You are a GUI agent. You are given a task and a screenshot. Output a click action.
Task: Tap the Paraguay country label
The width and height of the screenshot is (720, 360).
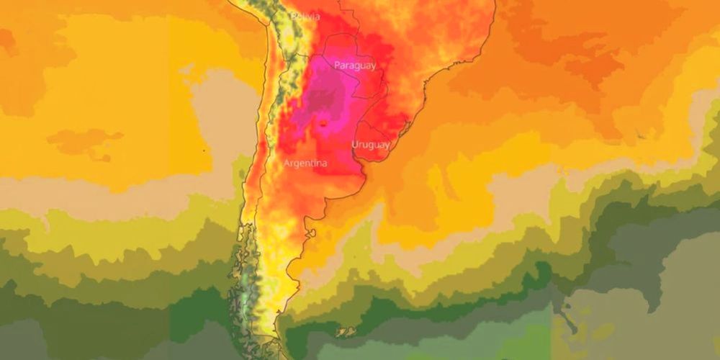click(x=354, y=66)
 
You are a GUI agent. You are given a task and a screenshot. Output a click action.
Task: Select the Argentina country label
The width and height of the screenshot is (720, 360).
click(x=305, y=163)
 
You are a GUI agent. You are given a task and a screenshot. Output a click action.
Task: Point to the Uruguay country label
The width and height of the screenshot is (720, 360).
click(x=370, y=145)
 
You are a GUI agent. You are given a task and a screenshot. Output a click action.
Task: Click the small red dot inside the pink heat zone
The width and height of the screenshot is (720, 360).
click(x=324, y=123)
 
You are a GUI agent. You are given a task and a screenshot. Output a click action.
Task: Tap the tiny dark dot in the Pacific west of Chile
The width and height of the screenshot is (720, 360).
click(x=204, y=150)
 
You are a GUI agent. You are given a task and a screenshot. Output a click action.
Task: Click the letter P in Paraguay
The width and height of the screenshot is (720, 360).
click(x=337, y=66)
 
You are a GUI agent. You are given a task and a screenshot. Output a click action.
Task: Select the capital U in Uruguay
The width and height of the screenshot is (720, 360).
click(x=354, y=145)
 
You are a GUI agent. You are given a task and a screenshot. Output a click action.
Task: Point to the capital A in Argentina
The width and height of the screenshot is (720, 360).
click(x=287, y=163)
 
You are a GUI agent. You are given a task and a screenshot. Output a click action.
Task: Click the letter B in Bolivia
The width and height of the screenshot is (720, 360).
click(x=294, y=16)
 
